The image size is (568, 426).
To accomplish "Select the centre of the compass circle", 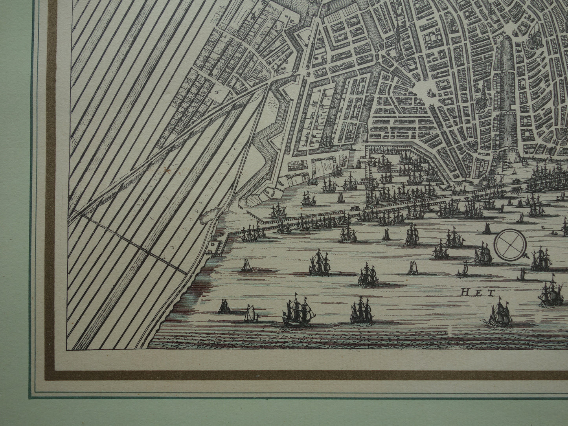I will coord(510,245).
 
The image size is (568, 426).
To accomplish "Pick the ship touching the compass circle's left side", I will coord(483,255).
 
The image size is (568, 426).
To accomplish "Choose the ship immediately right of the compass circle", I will coord(540,259).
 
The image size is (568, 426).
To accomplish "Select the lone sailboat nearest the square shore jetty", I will coord(246,266).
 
